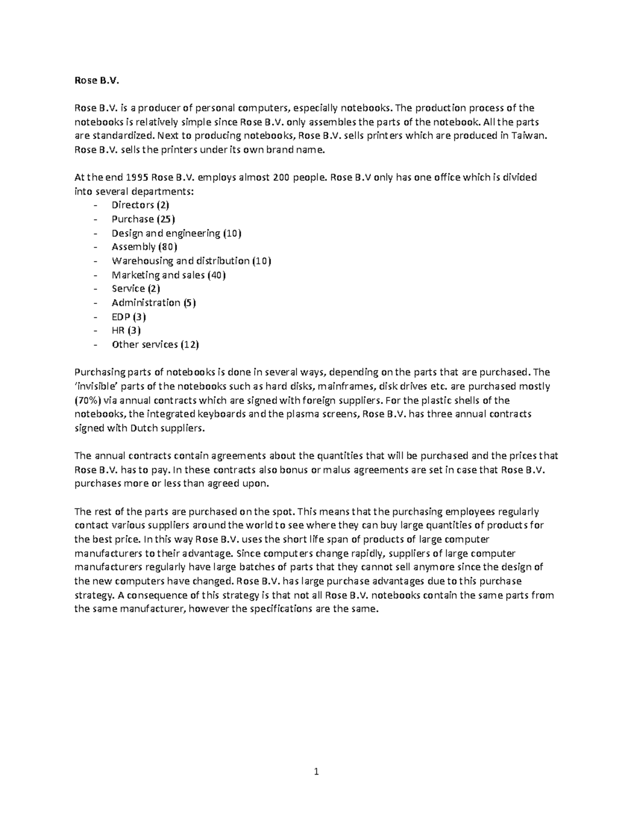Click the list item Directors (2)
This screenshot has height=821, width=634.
[x=140, y=205]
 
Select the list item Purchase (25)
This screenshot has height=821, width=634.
[x=143, y=219]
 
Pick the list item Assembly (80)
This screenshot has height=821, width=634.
[x=144, y=247]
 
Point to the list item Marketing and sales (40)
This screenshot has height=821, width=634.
[x=169, y=275]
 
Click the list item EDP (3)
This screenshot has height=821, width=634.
[x=129, y=317]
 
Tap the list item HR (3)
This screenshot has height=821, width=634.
[x=126, y=331]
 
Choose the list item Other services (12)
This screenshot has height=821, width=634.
[x=155, y=345]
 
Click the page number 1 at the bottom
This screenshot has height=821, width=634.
[x=316, y=772]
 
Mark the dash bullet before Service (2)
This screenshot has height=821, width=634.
[x=95, y=289]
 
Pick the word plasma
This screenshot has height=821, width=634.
[x=302, y=414]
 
